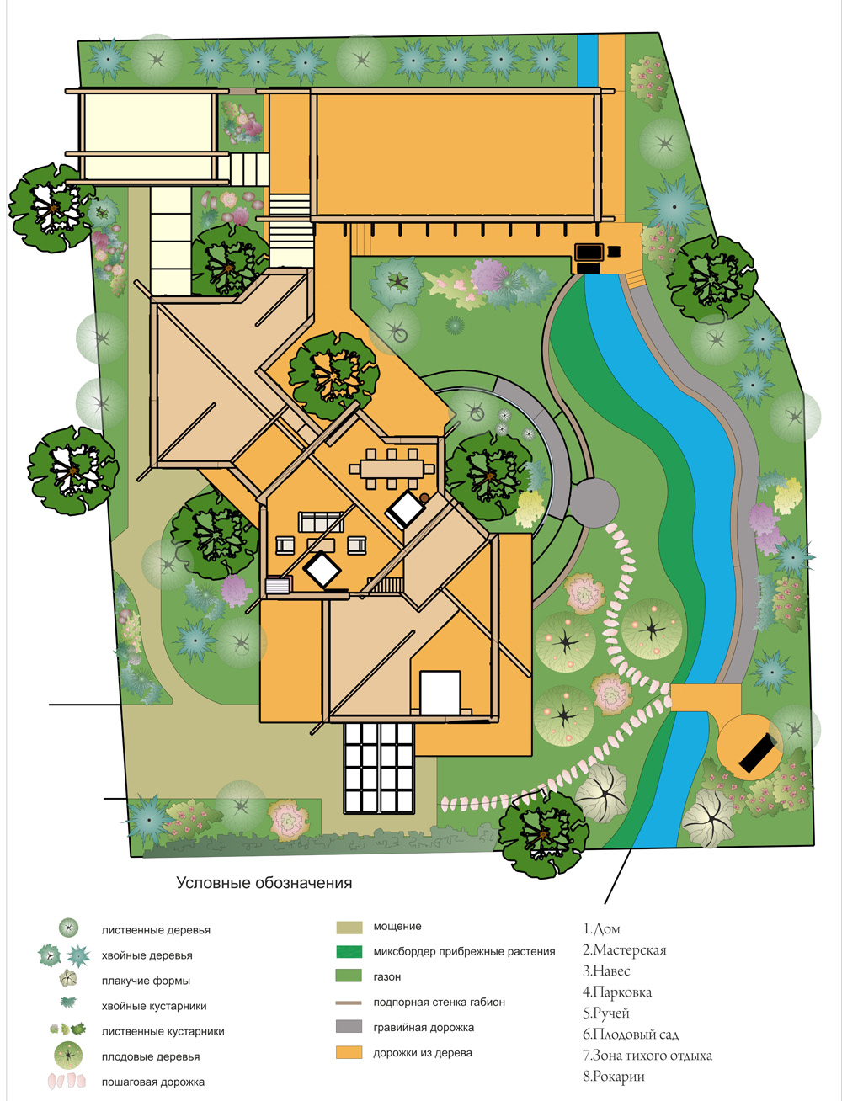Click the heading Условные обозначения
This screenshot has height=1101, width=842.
[x=264, y=883]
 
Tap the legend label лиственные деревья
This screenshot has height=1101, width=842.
[x=156, y=930]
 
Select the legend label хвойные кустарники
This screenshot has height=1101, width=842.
[x=154, y=1006]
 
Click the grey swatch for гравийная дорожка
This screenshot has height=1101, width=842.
[x=349, y=1026]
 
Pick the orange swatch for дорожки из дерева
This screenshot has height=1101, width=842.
[x=349, y=1052]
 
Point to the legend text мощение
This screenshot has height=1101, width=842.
[x=397, y=927]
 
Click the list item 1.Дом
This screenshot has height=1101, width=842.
[x=601, y=929]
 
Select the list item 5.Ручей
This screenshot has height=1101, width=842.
[x=605, y=1013]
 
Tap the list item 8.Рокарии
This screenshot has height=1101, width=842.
[x=613, y=1077]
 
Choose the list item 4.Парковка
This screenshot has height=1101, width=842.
[x=617, y=992]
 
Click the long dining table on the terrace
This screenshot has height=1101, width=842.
[x=392, y=469]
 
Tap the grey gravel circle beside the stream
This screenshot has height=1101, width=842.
[x=593, y=503]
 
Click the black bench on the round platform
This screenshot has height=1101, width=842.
[x=758, y=754]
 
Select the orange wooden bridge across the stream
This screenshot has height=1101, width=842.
[x=706, y=697]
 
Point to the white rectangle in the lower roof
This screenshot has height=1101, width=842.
[x=440, y=693]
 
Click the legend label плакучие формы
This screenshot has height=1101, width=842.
[x=146, y=981]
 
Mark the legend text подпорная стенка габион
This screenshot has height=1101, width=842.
[x=439, y=1002]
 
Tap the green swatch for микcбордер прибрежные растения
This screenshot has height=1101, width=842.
[x=349, y=951]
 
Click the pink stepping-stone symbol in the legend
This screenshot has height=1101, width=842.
[x=67, y=1081]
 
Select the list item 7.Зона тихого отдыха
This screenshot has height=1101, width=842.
[x=647, y=1056]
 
